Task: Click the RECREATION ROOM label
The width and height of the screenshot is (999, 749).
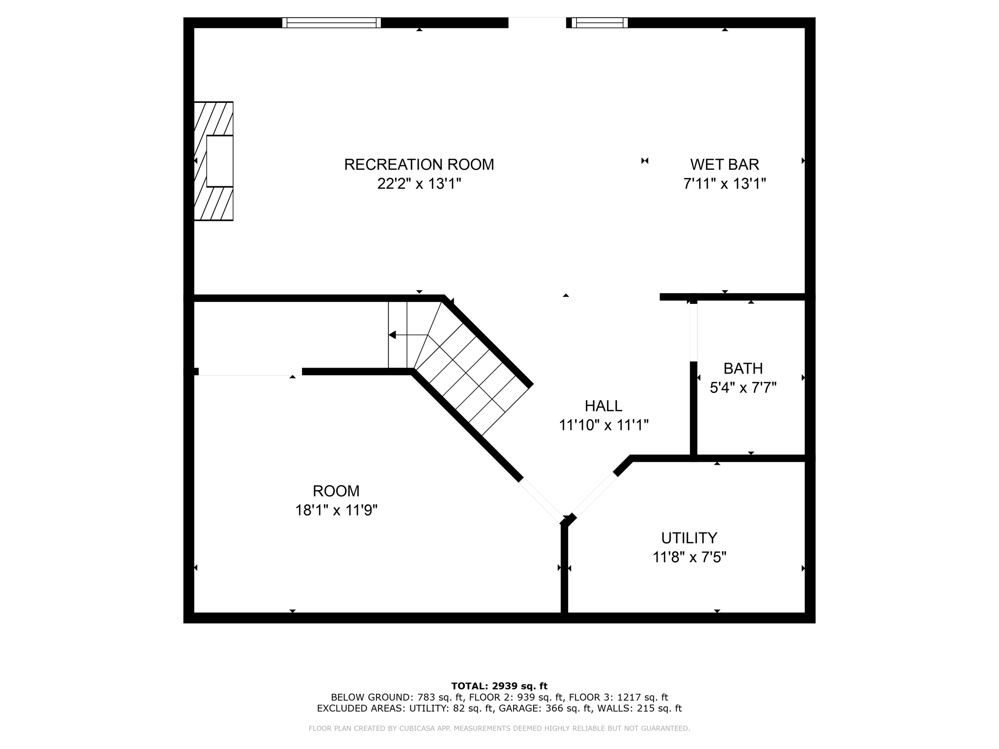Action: [419, 165]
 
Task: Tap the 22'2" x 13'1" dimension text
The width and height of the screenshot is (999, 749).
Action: [419, 184]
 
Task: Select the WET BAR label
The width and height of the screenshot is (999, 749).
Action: [724, 165]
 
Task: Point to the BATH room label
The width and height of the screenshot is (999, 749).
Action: [743, 368]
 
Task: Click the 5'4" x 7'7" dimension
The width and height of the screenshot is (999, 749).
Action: [743, 388]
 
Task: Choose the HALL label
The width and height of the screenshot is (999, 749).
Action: [603, 406]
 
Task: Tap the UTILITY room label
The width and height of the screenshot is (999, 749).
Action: [689, 538]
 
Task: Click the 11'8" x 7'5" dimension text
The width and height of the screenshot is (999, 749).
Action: [689, 557]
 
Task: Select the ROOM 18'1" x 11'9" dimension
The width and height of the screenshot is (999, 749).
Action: [336, 510]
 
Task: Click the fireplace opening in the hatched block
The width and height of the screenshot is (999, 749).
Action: [220, 161]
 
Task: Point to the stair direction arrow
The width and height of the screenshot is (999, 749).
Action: [392, 335]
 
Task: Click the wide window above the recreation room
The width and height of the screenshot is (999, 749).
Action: [332, 23]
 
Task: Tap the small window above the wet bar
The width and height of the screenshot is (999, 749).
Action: [599, 23]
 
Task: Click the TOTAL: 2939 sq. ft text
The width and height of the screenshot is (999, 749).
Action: [499, 686]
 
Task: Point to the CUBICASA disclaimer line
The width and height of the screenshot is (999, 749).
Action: [499, 729]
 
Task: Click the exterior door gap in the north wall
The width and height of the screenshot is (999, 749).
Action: [537, 23]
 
